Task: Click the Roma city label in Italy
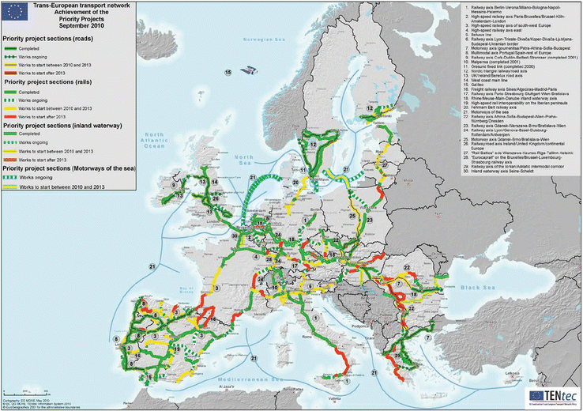click(325, 337)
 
